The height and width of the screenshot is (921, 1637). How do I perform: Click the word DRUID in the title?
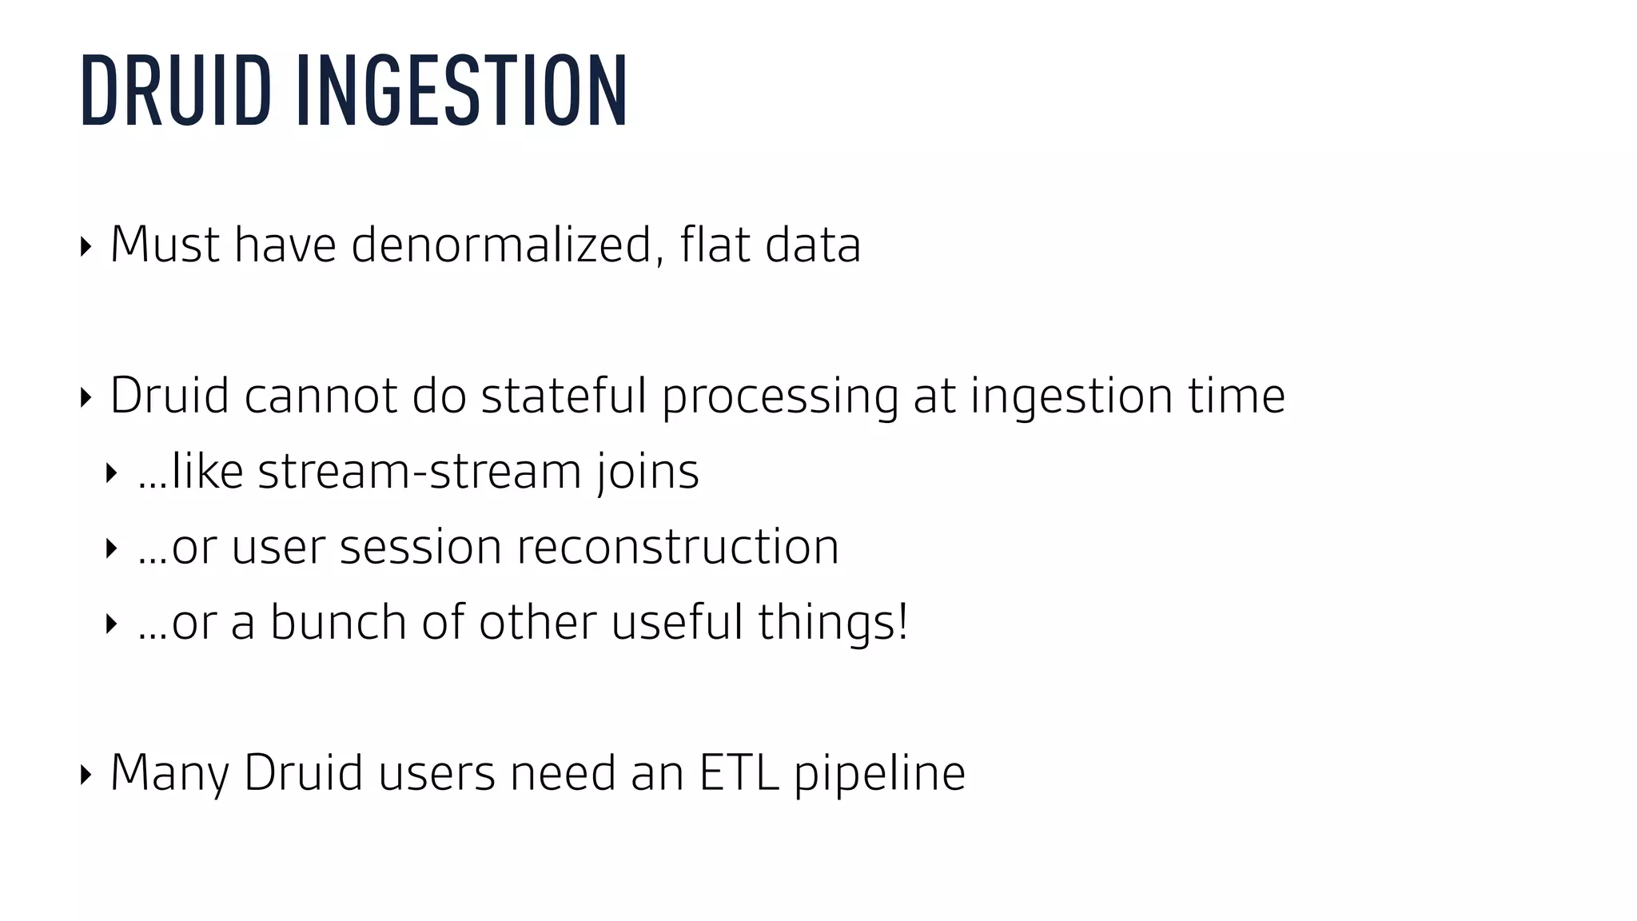click(176, 90)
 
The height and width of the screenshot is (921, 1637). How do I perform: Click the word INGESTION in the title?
click(462, 90)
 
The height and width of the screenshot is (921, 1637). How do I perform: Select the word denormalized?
click(502, 245)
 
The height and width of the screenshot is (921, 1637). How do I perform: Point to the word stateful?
click(564, 396)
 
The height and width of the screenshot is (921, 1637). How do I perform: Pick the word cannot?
click(321, 396)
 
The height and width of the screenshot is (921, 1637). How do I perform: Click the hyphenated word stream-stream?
click(420, 472)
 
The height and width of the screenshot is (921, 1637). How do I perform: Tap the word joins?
click(647, 472)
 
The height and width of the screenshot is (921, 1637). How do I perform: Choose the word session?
click(420, 548)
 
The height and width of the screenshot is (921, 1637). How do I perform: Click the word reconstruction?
click(678, 548)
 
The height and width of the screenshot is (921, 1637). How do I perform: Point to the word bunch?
click(338, 623)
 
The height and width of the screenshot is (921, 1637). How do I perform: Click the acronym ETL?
click(739, 773)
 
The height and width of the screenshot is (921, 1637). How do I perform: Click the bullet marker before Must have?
click(86, 246)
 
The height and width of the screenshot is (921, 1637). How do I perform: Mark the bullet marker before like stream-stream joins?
click(111, 472)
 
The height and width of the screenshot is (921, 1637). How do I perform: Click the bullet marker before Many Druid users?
click(86, 774)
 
